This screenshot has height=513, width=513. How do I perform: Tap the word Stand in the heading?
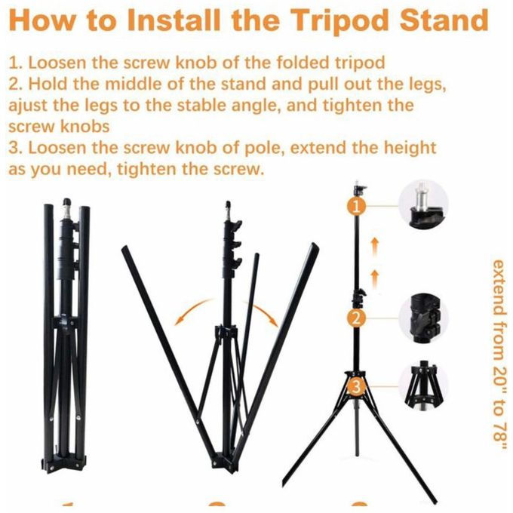pos(444,20)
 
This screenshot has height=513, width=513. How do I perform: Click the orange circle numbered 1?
pos(357,206)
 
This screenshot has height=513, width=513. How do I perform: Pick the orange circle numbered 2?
pos(357,318)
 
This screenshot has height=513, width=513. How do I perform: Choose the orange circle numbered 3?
pos(357,386)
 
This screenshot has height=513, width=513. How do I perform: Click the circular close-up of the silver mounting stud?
pos(423,205)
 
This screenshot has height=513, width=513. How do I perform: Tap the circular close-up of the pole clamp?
pos(423,318)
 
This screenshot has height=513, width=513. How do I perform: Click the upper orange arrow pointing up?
pos(375,247)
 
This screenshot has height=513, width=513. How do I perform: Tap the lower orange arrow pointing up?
pos(375,279)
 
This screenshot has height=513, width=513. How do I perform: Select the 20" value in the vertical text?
pos(499,380)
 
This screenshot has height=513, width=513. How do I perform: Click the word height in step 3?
pos(410,148)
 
